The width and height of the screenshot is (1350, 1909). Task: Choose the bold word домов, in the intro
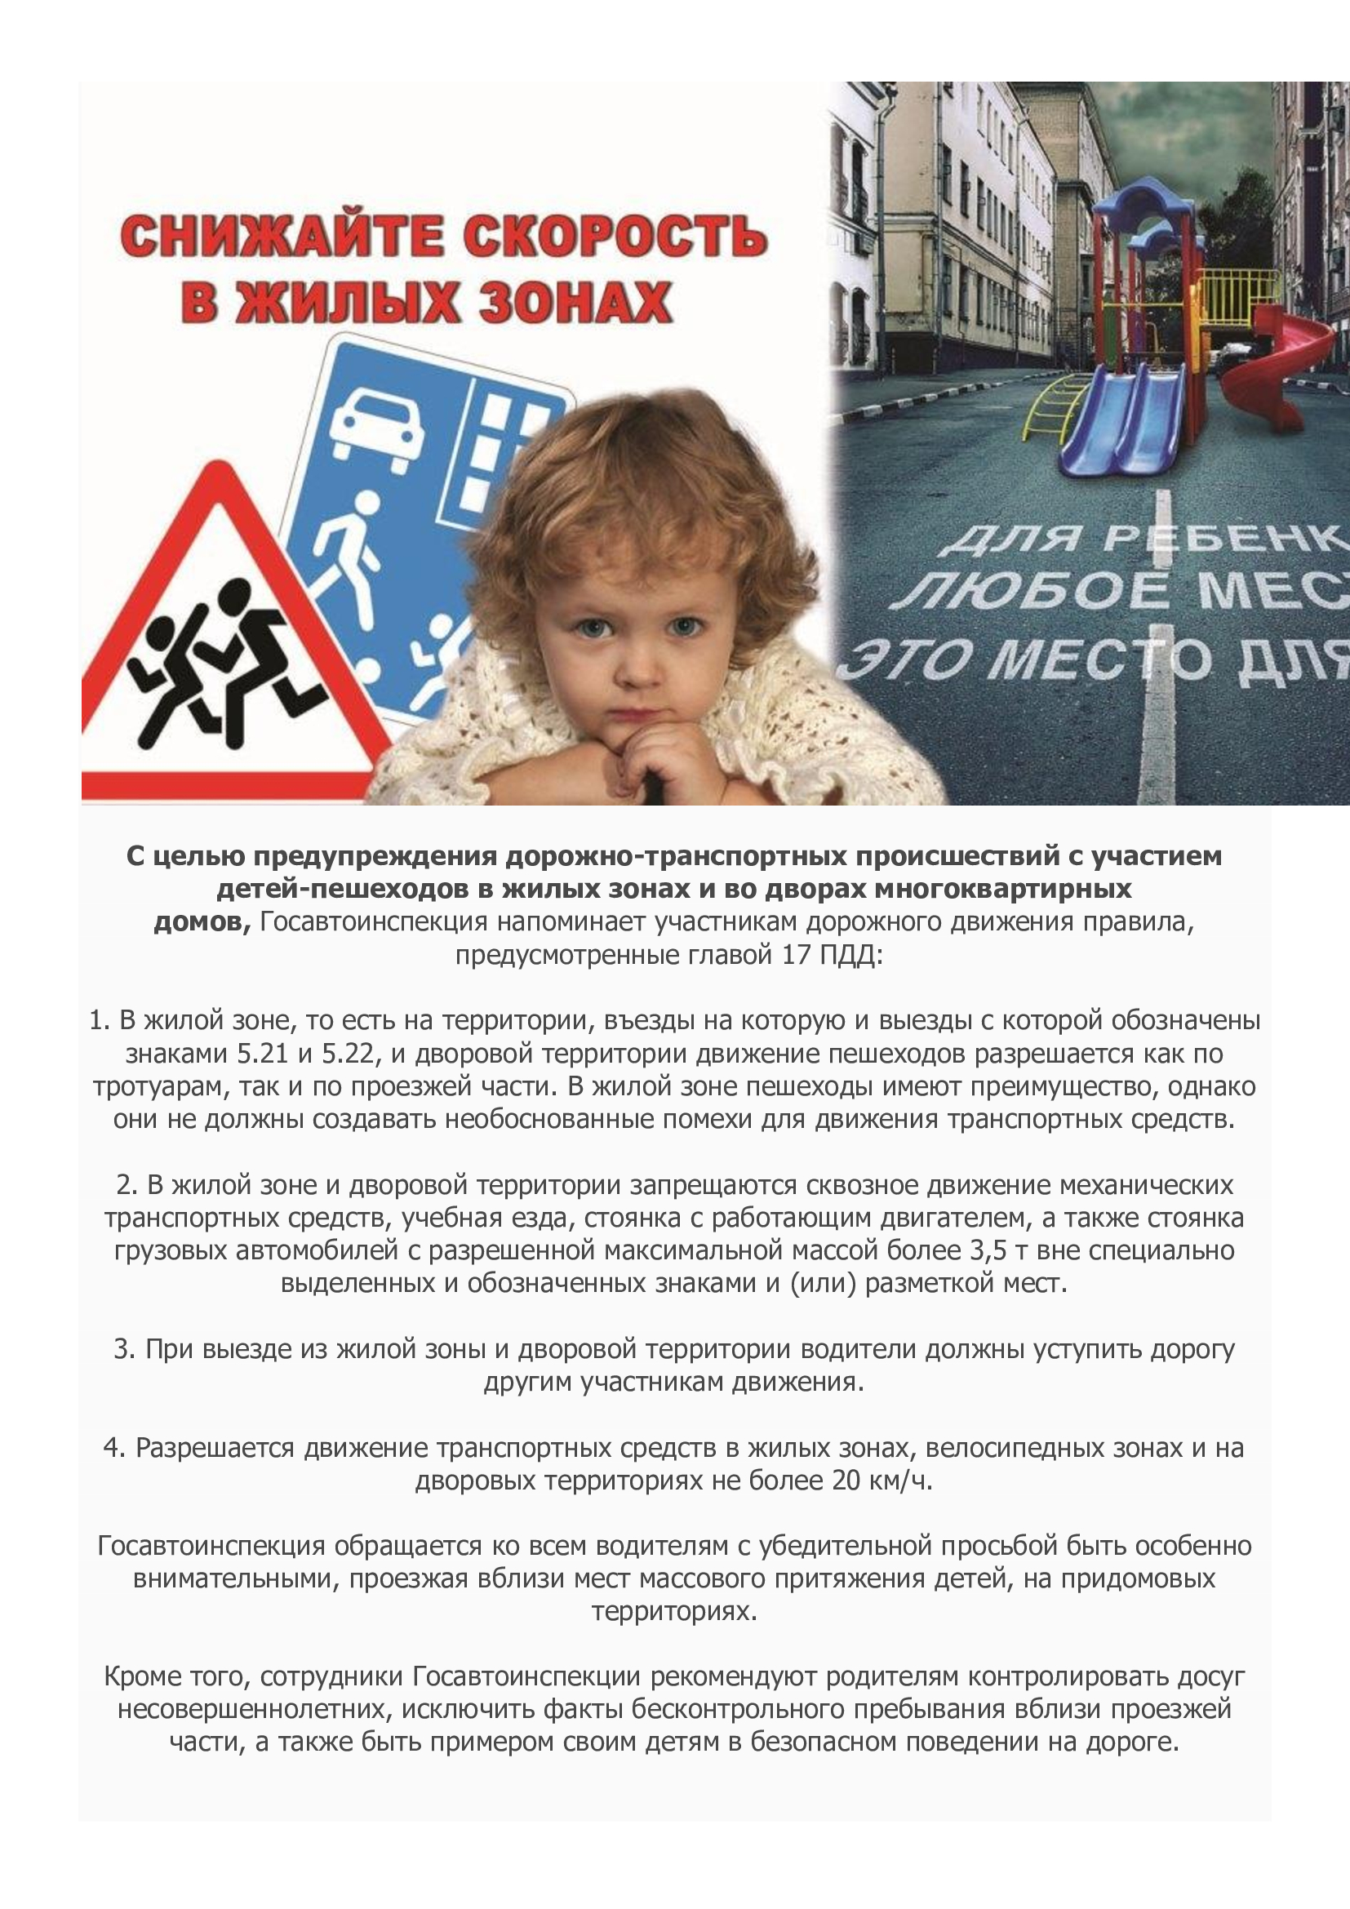click(202, 922)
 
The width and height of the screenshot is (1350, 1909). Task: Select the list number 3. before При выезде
click(125, 1348)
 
